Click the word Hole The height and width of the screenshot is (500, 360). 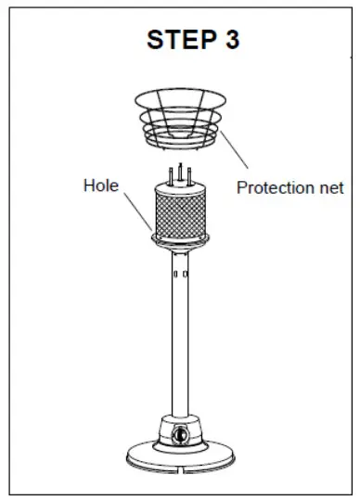[x=101, y=186]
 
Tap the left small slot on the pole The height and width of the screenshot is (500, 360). [x=174, y=275]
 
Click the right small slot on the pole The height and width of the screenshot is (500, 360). [x=186, y=275]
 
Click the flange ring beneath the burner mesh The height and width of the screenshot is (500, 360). [x=180, y=243]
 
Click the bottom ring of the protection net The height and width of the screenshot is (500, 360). [x=180, y=144]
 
